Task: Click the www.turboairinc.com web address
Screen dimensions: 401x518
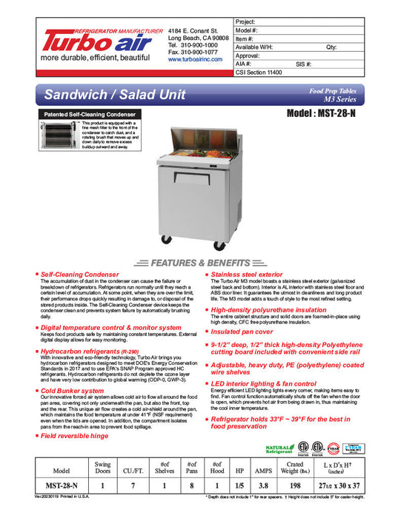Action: [x=195, y=59]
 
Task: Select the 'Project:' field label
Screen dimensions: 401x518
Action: [x=246, y=23]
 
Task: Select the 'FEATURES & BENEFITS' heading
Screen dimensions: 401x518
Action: [x=201, y=263]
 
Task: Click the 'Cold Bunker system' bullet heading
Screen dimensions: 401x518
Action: [x=73, y=390]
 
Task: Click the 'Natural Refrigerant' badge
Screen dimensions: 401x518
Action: [x=279, y=448]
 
